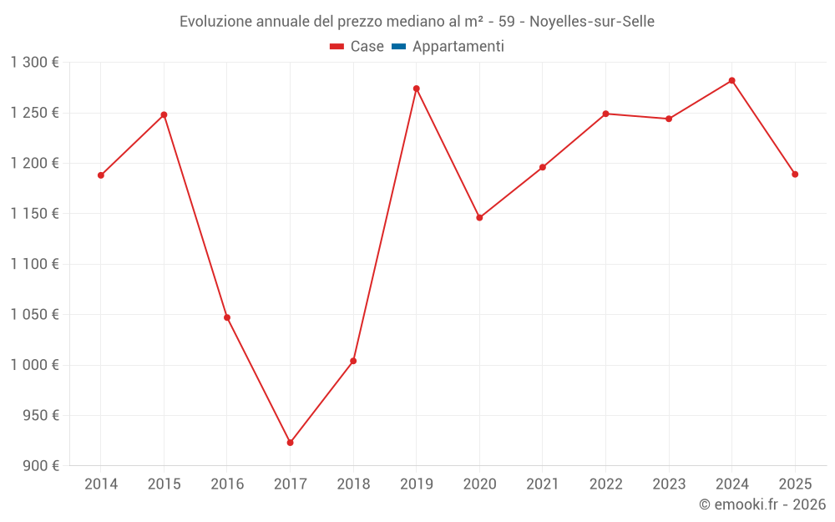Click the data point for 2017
[290, 443]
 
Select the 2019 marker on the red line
[416, 89]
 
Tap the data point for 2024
[731, 80]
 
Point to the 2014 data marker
[100, 175]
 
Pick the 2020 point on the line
[479, 218]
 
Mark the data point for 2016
[227, 317]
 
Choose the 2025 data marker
[795, 175]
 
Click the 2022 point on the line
[605, 114]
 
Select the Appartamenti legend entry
[458, 47]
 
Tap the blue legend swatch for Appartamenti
[398, 47]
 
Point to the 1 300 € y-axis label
[35, 63]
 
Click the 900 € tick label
[42, 466]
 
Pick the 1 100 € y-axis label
[35, 264]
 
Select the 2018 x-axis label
[353, 484]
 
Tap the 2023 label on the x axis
[669, 484]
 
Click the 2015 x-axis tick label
[164, 484]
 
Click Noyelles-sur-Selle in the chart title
[592, 21]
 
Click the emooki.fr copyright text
[762, 504]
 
